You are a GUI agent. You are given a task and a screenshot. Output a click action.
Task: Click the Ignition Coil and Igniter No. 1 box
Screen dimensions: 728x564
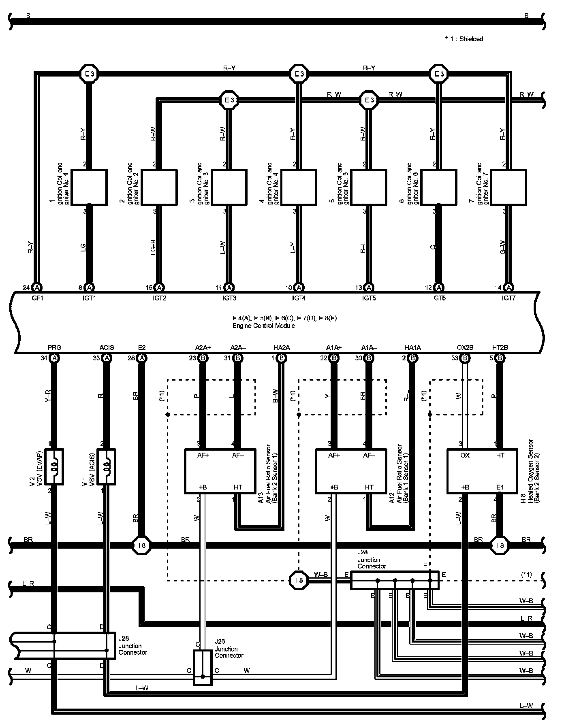pos(89,187)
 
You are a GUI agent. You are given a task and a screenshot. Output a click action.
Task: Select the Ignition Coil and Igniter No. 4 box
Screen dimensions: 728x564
pos(299,187)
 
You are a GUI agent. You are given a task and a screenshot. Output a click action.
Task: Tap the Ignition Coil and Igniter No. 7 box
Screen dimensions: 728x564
pos(508,187)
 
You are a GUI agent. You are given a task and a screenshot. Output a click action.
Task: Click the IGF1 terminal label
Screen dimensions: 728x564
pos(37,298)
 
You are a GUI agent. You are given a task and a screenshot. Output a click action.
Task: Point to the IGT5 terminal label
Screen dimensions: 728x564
pos(369,298)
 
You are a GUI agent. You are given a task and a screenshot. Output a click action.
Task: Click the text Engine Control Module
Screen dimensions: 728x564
pos(263,326)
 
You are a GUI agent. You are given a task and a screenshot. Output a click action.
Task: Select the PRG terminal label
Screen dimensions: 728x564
pos(54,347)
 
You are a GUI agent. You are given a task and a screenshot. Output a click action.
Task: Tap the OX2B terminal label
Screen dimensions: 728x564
pos(465,347)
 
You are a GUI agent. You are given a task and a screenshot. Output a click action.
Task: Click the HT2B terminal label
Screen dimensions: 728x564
pos(500,347)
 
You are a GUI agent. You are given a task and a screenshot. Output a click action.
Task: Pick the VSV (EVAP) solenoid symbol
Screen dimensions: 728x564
pos(54,466)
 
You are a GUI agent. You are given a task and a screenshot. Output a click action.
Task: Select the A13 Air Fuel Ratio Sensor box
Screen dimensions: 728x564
pos(220,471)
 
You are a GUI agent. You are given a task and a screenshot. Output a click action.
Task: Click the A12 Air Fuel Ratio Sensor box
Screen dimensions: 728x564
pos(351,471)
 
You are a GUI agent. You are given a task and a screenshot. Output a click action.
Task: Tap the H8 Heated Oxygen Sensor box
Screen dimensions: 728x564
pos(482,471)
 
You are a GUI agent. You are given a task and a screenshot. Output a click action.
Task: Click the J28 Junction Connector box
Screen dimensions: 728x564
pos(394,580)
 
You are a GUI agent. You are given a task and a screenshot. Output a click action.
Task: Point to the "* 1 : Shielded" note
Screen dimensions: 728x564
pos(464,39)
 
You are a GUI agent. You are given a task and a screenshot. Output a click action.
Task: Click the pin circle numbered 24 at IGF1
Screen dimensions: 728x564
pos(37,287)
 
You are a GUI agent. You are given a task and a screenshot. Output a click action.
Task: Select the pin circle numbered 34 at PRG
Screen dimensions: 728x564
pos(54,358)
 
